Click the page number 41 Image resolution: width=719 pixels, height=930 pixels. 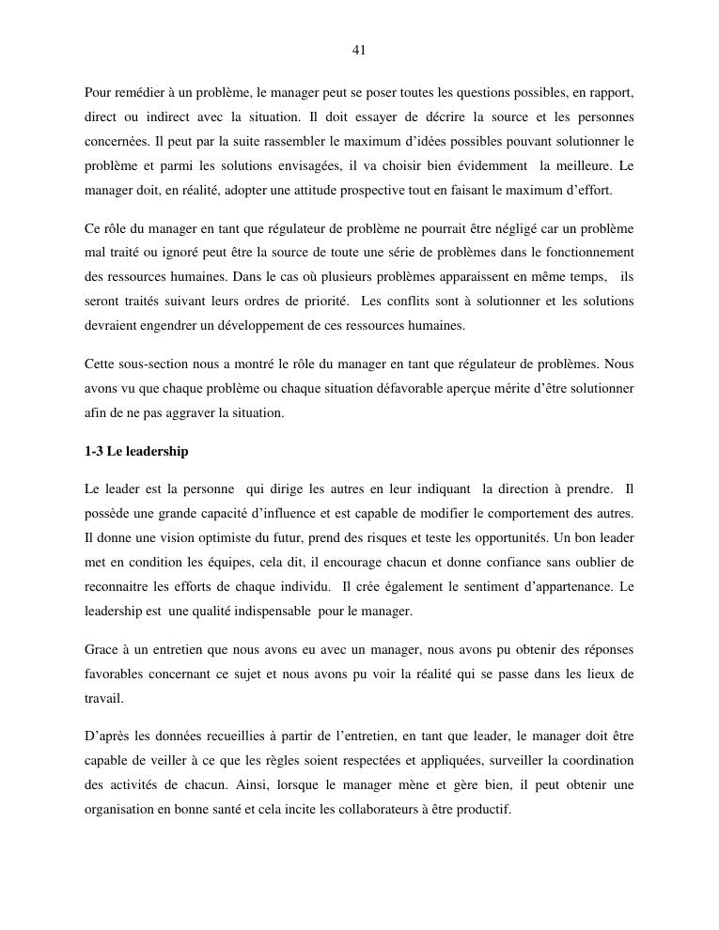[x=359, y=51]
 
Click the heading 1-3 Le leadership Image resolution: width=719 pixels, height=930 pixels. [x=136, y=452]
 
